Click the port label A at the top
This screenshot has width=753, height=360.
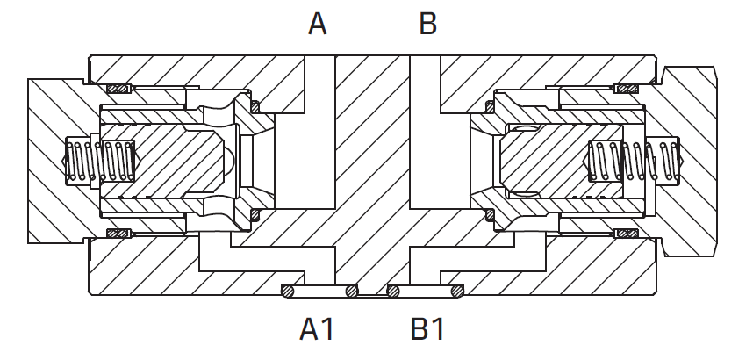(x=318, y=24)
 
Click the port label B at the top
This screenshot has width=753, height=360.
(x=428, y=24)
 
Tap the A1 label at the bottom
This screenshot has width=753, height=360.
(x=317, y=329)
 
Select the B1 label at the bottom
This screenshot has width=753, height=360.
(x=428, y=329)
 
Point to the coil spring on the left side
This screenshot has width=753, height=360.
(x=100, y=161)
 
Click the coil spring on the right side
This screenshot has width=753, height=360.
(x=634, y=161)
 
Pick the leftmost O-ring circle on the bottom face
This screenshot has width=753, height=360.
(x=288, y=291)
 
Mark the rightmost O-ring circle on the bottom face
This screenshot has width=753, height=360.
(x=456, y=291)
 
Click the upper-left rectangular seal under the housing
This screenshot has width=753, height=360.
(x=118, y=89)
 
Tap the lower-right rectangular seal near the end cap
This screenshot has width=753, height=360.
(x=627, y=234)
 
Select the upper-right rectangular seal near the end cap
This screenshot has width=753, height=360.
(x=627, y=89)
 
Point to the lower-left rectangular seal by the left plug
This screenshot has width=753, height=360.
(x=118, y=234)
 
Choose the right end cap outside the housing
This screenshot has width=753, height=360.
(x=692, y=161)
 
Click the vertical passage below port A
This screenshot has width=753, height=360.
(x=319, y=133)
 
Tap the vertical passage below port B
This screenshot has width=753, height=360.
(x=425, y=133)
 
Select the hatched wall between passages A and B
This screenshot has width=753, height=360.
(x=372, y=144)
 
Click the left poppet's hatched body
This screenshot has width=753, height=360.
(x=163, y=161)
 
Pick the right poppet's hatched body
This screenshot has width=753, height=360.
(x=548, y=161)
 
